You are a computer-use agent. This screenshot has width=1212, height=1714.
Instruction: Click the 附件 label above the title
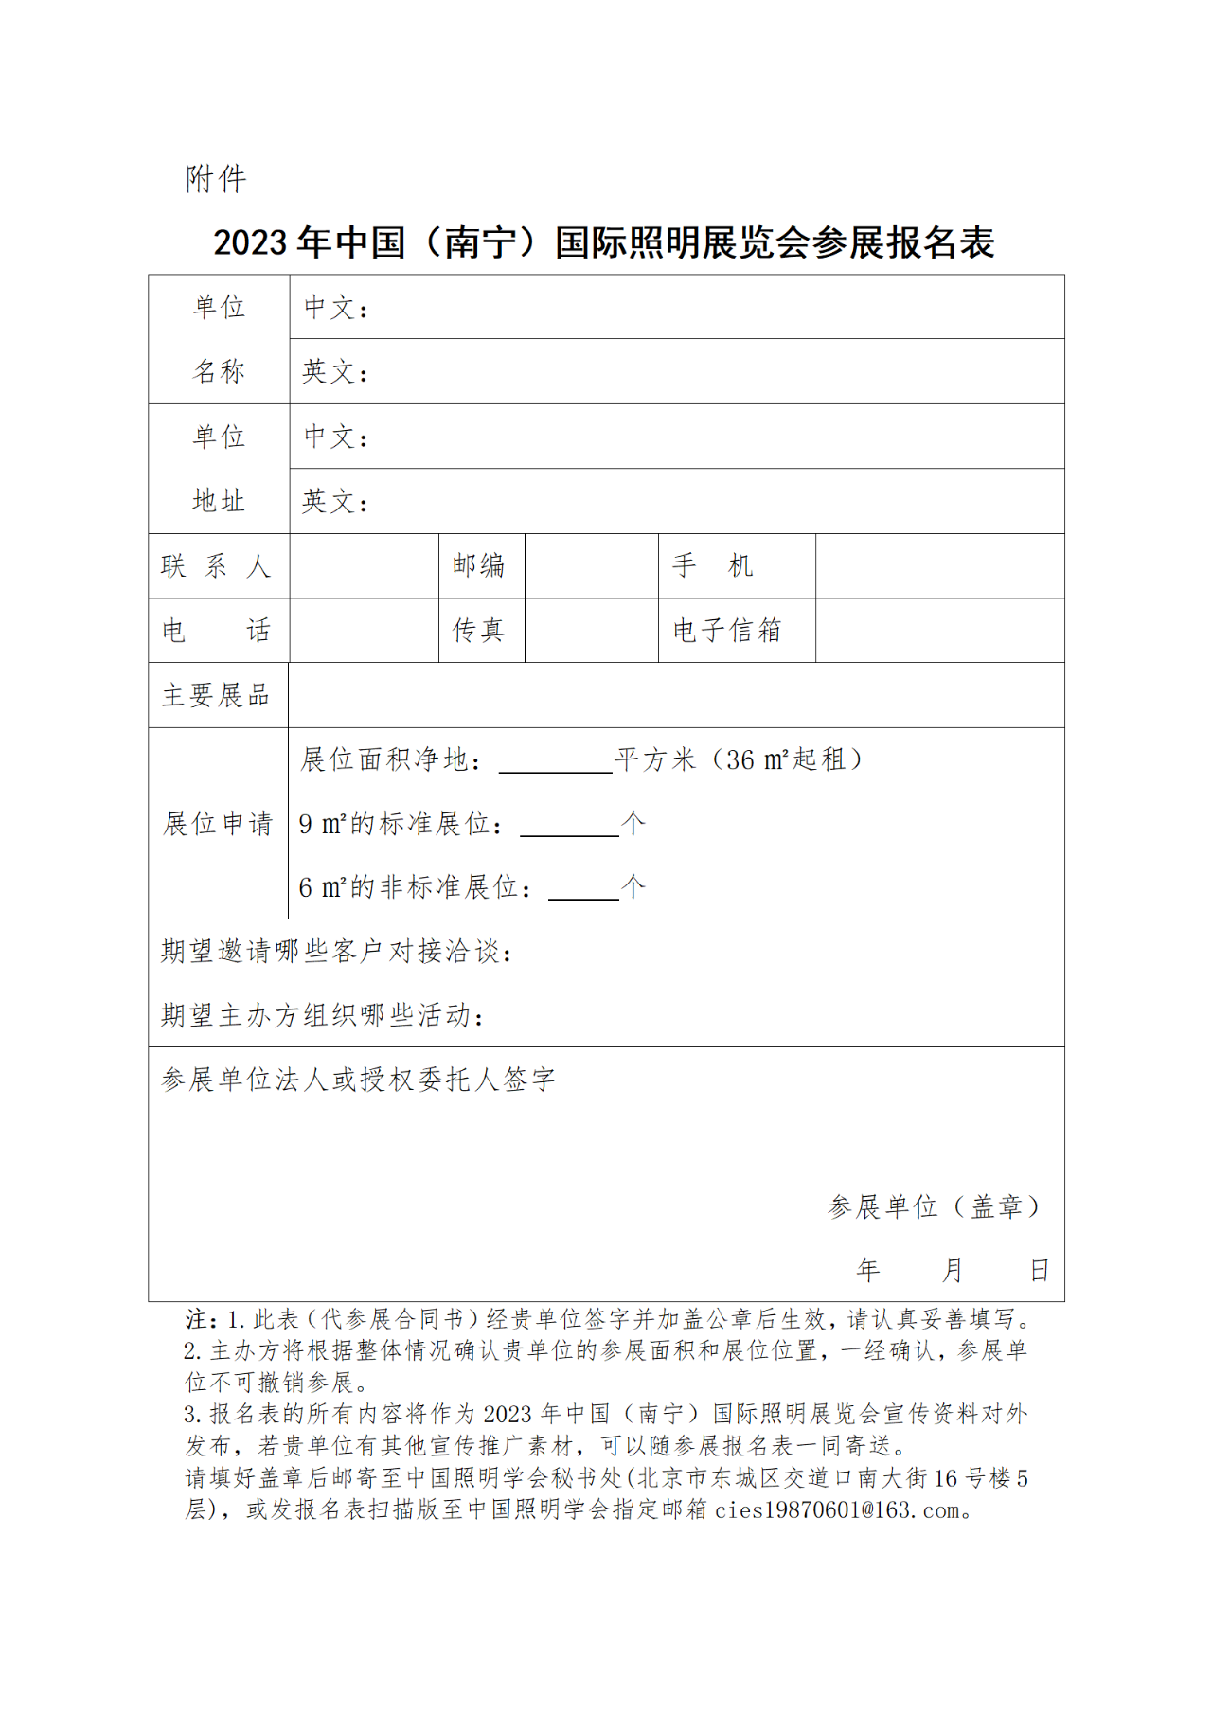[x=216, y=179]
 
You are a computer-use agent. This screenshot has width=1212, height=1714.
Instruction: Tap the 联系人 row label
[x=217, y=566]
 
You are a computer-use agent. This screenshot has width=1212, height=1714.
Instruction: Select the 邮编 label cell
[x=479, y=566]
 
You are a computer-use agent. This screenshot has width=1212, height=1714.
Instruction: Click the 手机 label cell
[x=713, y=566]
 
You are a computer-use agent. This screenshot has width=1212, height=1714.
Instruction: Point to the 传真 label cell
[x=479, y=631]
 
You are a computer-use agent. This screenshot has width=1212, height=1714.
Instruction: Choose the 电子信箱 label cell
[x=727, y=631]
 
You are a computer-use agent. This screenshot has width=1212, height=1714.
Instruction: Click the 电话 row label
[x=217, y=631]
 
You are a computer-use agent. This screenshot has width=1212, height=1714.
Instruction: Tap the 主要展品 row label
[x=217, y=696]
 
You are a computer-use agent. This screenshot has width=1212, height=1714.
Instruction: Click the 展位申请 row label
[x=218, y=824]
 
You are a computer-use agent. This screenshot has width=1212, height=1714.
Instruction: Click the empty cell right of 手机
[x=939, y=566]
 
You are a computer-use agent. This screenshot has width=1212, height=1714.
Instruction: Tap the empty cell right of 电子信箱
[x=939, y=631]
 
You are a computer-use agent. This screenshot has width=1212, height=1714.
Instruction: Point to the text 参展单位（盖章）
[x=934, y=1206]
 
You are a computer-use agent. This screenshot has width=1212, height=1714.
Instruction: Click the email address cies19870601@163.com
[x=837, y=1509]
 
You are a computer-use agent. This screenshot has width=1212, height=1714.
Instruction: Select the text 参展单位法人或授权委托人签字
[x=358, y=1080]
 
